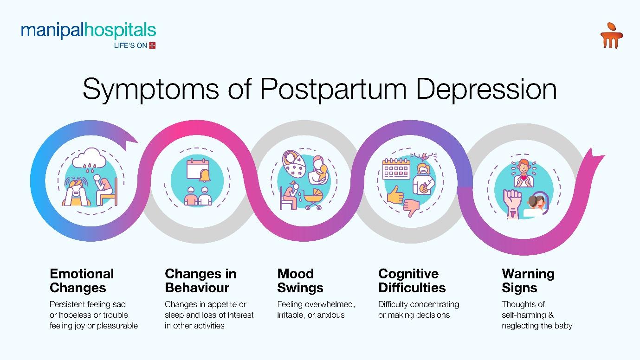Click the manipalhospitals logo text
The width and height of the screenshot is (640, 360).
89,30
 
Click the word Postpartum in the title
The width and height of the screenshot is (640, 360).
333,90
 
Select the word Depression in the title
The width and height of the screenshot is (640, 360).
486,90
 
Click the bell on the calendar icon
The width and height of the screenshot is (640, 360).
205,176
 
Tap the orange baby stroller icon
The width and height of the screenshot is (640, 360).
313,199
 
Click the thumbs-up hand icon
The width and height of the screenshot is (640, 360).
395,195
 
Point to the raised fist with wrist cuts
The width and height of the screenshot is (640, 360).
512,204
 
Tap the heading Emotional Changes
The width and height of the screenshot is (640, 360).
82,281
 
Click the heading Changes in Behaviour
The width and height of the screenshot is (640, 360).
200,281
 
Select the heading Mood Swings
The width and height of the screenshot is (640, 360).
300,281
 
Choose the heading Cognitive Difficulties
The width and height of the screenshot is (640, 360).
412,281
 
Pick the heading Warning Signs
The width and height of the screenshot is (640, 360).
528,281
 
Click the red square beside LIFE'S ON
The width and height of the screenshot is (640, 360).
152,45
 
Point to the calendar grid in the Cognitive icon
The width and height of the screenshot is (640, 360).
396,169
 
